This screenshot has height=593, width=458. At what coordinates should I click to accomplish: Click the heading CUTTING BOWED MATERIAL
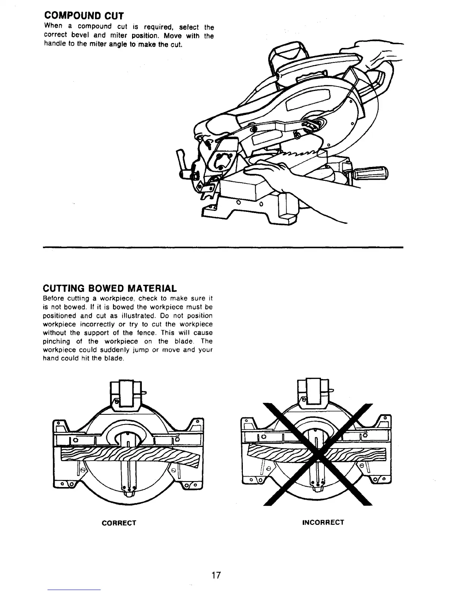click(109, 289)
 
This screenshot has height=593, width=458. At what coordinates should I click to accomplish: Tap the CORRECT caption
click(119, 523)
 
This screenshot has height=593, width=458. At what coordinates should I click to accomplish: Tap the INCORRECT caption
click(323, 522)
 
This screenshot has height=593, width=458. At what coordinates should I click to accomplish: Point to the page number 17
click(215, 575)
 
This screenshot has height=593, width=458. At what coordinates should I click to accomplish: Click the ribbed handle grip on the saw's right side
click(370, 174)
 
